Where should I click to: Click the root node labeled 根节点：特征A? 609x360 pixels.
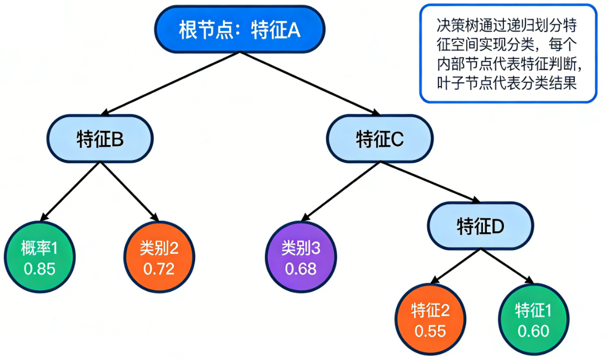tap(239, 29)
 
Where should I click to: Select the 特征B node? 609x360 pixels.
tap(100, 139)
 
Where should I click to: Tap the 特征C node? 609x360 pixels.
tap(380, 139)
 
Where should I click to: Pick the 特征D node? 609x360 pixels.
tap(480, 226)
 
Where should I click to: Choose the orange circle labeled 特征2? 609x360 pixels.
tap(430, 320)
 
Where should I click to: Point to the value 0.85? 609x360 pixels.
tap(39, 269)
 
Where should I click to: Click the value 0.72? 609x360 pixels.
tap(159, 269)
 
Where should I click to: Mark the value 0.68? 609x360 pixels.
tap(301, 269)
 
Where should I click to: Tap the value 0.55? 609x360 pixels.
tap(430, 331)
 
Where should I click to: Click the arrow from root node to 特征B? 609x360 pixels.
tap(169, 84)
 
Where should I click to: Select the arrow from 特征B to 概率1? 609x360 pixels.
tap(71, 191)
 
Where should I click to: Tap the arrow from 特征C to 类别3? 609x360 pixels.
tap(341, 191)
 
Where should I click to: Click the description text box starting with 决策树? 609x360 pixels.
tap(508, 53)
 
